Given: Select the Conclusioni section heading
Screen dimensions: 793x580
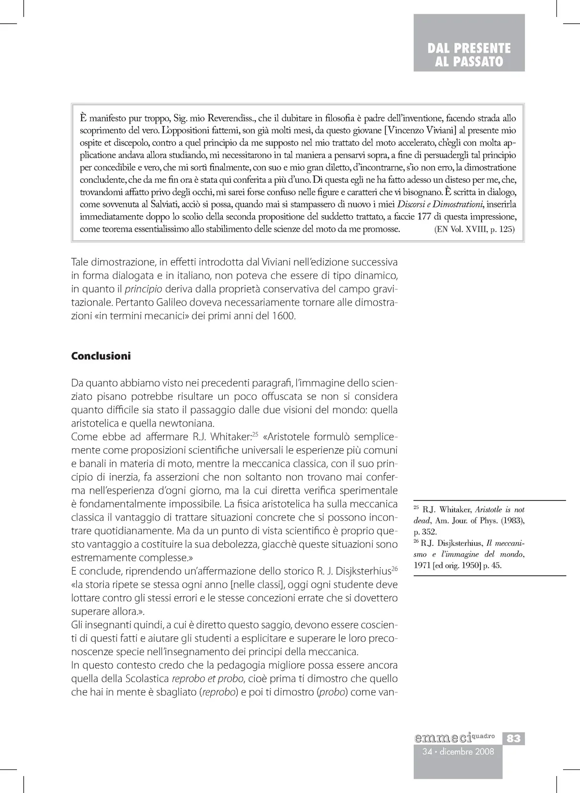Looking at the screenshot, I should click(x=101, y=356).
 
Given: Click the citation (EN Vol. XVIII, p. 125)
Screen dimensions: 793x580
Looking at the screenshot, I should click(x=475, y=229).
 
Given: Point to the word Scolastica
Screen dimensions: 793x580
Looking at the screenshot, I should click(x=144, y=678).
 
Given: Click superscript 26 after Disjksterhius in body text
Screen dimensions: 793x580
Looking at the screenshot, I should click(x=393, y=569).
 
